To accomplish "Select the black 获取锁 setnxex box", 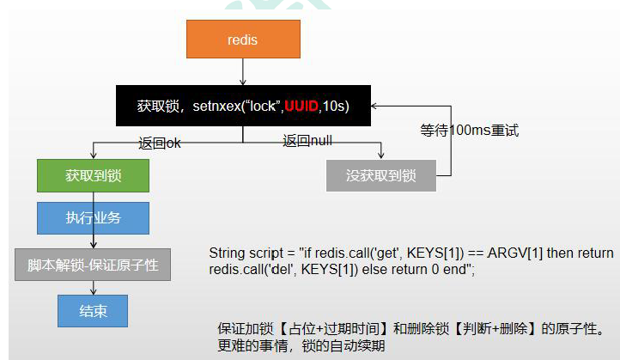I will [x=243, y=106].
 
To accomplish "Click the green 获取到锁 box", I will [x=93, y=175].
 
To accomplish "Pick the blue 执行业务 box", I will [x=93, y=218].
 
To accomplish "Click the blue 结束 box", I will [x=93, y=311].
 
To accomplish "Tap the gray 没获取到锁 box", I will [x=381, y=175].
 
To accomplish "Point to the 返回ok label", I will [x=160, y=143].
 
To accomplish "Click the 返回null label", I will [x=307, y=141].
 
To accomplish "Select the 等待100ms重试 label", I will [x=469, y=131].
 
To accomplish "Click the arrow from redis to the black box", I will [x=243, y=72].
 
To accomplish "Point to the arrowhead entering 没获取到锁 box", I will [x=381, y=155].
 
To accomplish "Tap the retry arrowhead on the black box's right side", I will [x=375, y=107].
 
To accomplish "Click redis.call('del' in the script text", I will [x=249, y=269].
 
